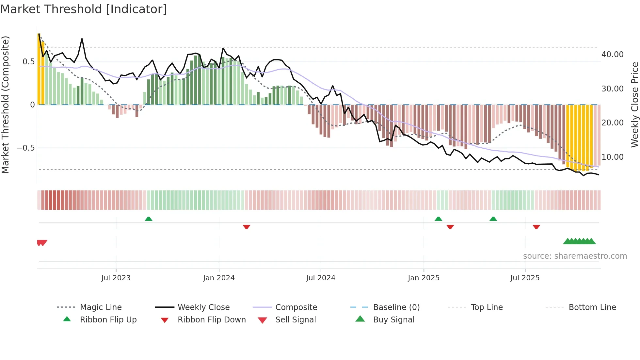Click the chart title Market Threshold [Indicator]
point(84,9)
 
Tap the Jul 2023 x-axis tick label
point(116,278)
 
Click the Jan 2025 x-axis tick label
point(424,278)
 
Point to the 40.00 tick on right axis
point(612,55)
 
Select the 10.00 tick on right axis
point(612,157)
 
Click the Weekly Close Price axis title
point(634,105)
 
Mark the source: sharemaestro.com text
point(575,256)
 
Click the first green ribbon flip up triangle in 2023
point(149,219)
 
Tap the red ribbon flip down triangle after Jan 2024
point(247,227)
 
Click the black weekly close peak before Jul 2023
point(82,39)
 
